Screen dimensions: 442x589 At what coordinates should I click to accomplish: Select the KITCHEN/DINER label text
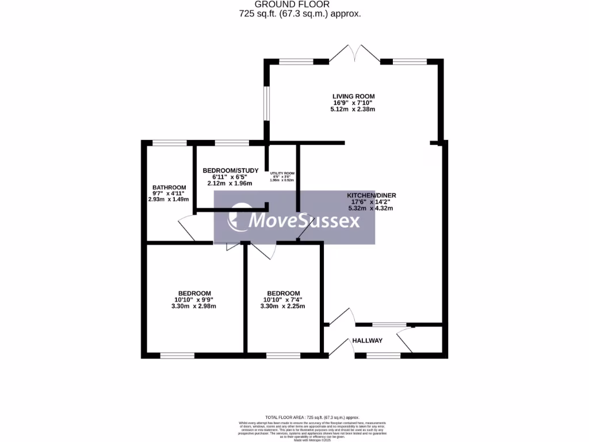(371, 195)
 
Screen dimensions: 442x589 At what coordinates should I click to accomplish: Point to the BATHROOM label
(169, 188)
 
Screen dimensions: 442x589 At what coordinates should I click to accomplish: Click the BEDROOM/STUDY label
(230, 170)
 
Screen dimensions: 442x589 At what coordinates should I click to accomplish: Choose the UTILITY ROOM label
(283, 173)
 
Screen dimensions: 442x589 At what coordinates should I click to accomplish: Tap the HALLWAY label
(368, 341)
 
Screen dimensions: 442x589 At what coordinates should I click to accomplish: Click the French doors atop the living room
(355, 54)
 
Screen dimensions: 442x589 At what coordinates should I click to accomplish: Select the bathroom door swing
(187, 229)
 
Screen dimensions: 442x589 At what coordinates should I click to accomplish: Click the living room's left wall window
(266, 104)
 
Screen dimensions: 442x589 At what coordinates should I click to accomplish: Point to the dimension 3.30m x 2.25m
(283, 306)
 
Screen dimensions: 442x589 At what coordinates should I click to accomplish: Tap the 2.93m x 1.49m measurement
(169, 200)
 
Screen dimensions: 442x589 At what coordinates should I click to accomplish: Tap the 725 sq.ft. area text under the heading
(300, 14)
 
